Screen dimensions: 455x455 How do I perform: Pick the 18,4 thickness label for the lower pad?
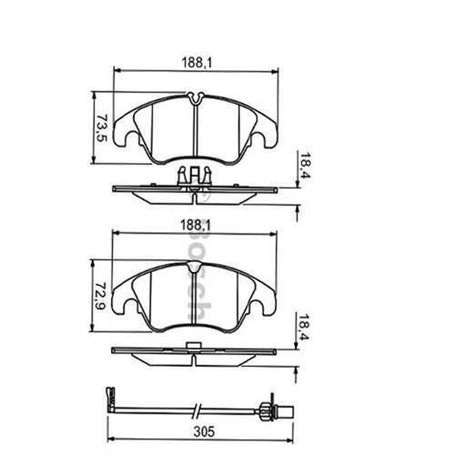[x=305, y=328]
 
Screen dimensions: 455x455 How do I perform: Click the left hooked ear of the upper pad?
[x=133, y=139]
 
